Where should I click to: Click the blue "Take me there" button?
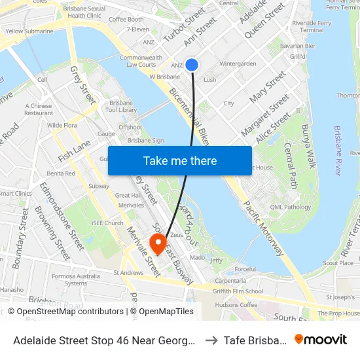click(179, 160)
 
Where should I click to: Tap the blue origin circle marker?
click(192, 64)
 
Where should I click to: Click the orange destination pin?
click(158, 244)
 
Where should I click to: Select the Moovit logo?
click(321, 339)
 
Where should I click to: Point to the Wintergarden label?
click(238, 63)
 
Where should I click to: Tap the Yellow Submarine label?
click(29, 31)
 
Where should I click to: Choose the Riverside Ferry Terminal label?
click(302, 26)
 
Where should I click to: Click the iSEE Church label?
click(108, 223)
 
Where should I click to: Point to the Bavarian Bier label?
click(298, 46)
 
